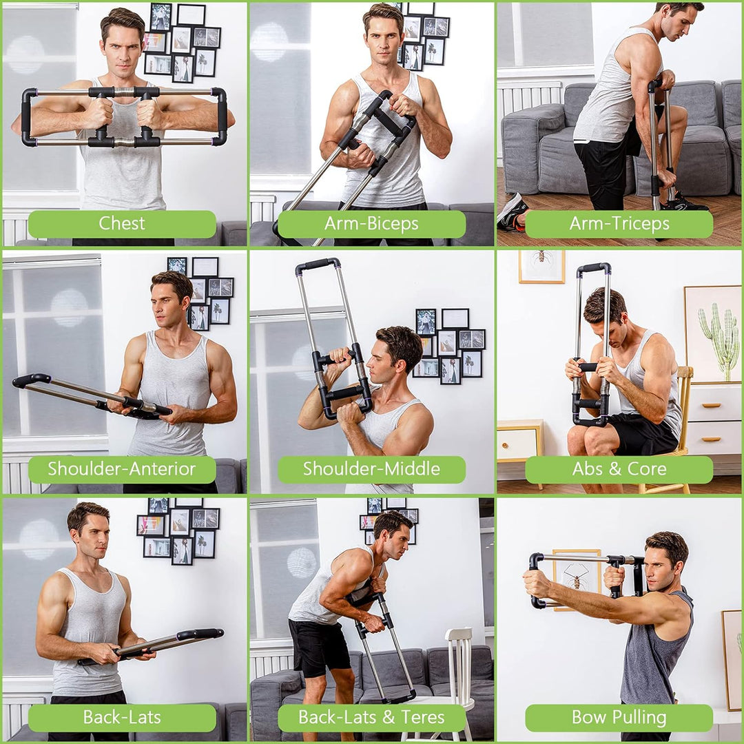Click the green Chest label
click(122, 224)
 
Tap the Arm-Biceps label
click(371, 224)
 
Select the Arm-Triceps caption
click(619, 224)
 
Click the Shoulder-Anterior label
click(122, 470)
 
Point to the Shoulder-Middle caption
click(371, 470)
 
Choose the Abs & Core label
click(619, 470)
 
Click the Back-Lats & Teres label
click(371, 717)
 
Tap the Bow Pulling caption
click(619, 717)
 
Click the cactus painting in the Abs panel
click(714, 334)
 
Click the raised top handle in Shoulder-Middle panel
click(318, 264)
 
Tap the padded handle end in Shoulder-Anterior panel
click(31, 380)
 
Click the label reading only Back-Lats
click(122, 717)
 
